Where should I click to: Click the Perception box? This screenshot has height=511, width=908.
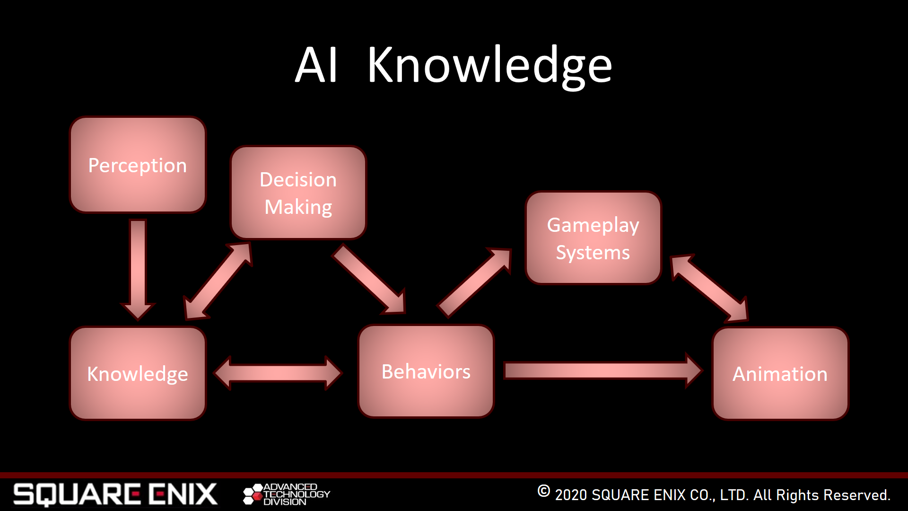click(x=138, y=165)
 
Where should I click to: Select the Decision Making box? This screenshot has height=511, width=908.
click(x=298, y=193)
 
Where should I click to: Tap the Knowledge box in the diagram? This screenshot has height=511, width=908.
click(x=138, y=373)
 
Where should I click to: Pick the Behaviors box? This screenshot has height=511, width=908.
click(x=426, y=371)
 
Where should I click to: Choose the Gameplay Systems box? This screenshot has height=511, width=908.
click(x=593, y=238)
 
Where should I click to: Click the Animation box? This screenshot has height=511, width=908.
click(x=780, y=374)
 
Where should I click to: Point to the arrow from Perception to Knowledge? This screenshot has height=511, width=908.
click(x=138, y=270)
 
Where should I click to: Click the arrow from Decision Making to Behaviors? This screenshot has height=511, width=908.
click(x=369, y=279)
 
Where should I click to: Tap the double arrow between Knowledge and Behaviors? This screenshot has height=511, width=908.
click(x=278, y=373)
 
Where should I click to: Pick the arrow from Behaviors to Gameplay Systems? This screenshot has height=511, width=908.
click(x=474, y=282)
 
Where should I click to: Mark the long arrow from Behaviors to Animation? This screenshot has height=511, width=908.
click(x=603, y=370)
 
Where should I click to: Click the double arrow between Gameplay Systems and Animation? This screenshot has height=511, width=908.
click(x=709, y=288)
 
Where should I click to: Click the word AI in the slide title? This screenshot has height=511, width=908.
click(x=316, y=65)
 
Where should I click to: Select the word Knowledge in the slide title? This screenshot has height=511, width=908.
click(x=490, y=66)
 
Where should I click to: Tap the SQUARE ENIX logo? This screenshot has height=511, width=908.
click(x=115, y=494)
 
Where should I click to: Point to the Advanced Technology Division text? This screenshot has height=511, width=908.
click(x=297, y=494)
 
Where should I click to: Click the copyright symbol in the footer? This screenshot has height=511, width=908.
click(x=544, y=491)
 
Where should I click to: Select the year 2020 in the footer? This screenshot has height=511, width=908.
click(x=571, y=495)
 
